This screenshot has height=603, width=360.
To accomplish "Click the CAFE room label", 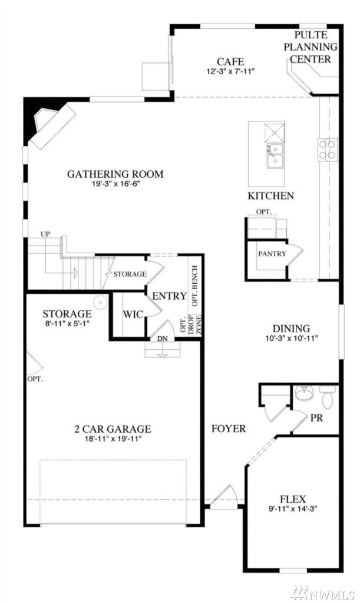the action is pos(230,61).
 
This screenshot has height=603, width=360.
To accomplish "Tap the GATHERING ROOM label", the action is pos(115,174).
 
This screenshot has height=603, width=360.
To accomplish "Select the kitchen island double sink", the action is pos(275,155).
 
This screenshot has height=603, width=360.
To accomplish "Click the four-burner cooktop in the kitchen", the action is pos(328,150).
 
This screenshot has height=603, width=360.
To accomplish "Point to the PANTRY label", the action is pos(272,254).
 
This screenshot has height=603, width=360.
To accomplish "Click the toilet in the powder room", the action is pos(328,396).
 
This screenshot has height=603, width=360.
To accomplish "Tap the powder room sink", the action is pos(304,393).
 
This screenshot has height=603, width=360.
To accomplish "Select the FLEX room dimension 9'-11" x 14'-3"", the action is pos(293,509).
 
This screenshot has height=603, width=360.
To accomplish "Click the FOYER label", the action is pos(229,429).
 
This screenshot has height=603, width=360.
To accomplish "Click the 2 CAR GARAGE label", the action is pos(113,429).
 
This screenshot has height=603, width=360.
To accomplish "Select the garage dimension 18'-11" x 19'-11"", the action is pos(113,439).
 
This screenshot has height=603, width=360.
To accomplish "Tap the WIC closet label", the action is pos(133,314).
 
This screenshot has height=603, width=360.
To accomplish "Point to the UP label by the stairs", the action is pos(45,234).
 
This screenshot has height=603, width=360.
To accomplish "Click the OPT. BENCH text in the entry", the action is pos(194,286).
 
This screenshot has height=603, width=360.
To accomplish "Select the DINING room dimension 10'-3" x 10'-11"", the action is pos(292,339).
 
